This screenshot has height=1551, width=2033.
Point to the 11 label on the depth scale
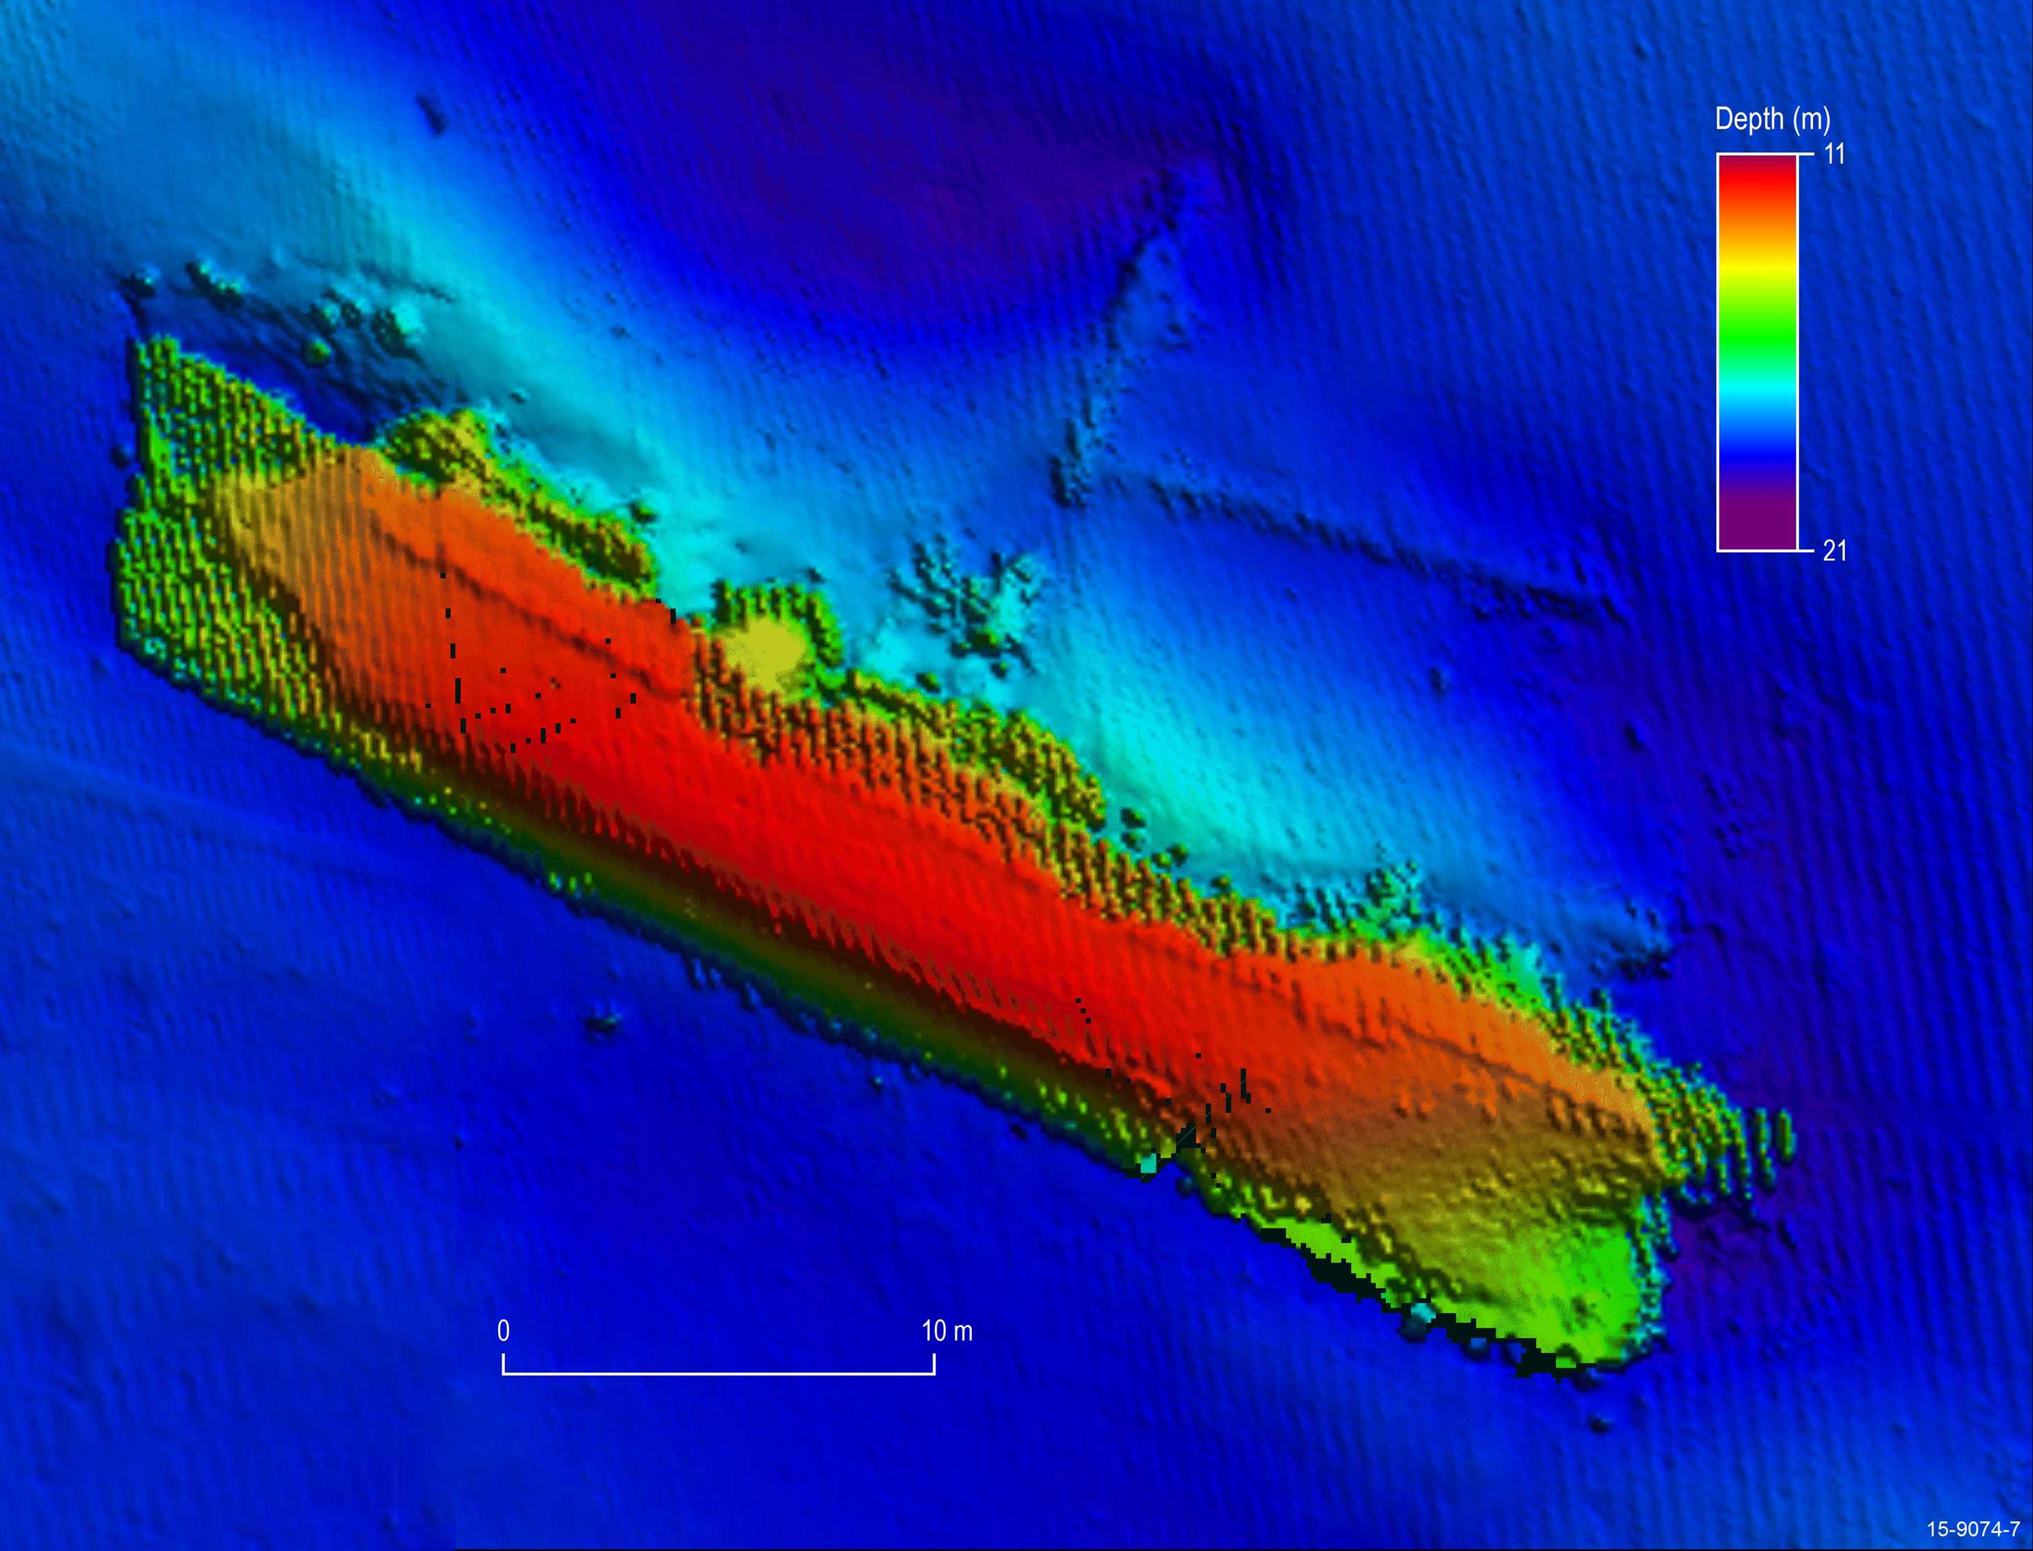coord(1834,154)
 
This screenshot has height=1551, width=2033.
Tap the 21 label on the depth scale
coord(1834,551)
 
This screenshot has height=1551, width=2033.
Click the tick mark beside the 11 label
coord(1806,155)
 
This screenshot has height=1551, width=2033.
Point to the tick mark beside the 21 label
coord(1806,550)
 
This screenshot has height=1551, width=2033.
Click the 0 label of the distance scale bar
coord(504,1330)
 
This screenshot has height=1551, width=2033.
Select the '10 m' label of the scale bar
coord(946,1330)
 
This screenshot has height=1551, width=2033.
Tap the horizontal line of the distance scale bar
coord(719,1374)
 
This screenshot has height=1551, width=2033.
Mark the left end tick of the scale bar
coord(504,1364)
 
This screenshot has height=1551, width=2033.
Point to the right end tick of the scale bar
coord(934,1364)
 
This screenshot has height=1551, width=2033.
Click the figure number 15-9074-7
coord(1972,1529)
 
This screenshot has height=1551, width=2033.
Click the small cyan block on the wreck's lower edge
coord(1148,1165)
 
